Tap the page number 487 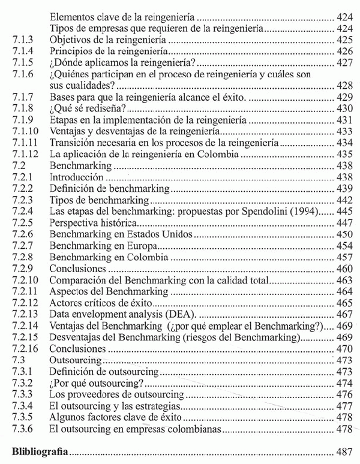[342, 450]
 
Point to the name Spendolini [266, 211]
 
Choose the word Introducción [76, 177]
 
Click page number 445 [342, 211]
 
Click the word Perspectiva [75, 222]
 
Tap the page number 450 [342, 234]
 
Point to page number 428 [342, 85]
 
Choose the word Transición [73, 143]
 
